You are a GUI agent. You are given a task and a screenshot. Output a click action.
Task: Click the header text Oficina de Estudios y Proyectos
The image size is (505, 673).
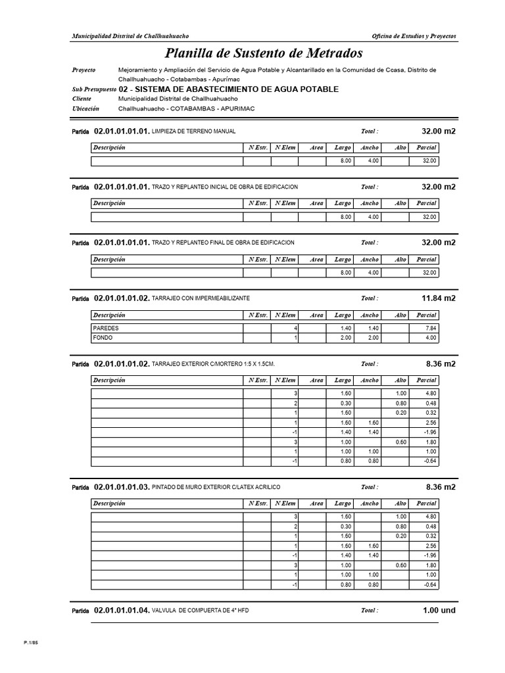(x=414, y=36)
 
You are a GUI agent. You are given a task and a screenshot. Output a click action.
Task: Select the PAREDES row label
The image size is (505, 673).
(x=107, y=328)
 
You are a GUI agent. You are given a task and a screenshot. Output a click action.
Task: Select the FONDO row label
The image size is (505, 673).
(x=103, y=338)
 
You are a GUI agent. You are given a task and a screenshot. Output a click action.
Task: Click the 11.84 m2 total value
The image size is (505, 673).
(x=438, y=298)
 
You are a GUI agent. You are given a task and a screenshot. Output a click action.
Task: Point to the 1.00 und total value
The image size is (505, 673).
(x=439, y=611)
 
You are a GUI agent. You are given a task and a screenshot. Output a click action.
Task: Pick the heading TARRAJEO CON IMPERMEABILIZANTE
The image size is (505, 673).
(x=201, y=298)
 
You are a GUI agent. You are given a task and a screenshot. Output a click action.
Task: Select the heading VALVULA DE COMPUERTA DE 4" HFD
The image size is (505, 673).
(x=200, y=611)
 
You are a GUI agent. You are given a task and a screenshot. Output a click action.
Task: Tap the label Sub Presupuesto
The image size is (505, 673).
(x=94, y=89)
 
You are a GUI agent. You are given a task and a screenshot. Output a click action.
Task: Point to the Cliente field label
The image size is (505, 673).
(x=82, y=99)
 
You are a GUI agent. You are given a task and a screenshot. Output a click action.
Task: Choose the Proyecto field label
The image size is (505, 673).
(x=84, y=70)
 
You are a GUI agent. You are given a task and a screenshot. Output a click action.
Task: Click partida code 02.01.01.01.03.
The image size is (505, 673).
(x=122, y=488)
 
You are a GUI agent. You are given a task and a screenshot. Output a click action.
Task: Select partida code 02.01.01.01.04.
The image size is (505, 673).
(x=122, y=611)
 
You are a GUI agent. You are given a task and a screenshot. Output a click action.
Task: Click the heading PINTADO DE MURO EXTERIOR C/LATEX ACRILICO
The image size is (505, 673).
(x=216, y=488)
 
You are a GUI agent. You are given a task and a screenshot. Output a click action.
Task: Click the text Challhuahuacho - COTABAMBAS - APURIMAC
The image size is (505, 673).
(x=186, y=108)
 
